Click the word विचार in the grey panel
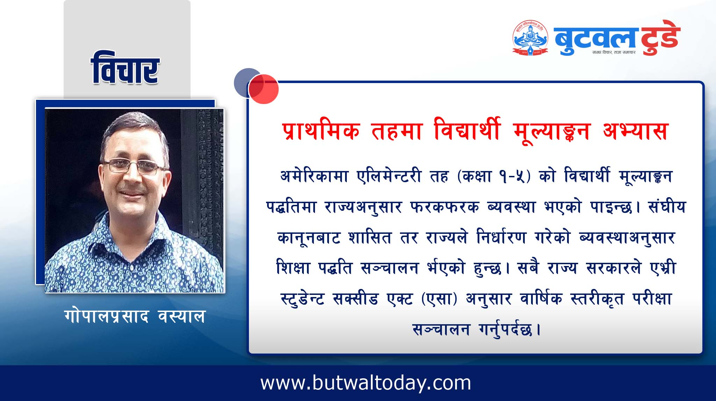pyautogui.click(x=125, y=68)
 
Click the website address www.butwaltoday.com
pyautogui.click(x=366, y=383)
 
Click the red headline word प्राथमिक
pyautogui.click(x=321, y=130)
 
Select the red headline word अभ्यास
pyautogui.click(x=635, y=130)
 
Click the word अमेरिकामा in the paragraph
pyautogui.click(x=314, y=176)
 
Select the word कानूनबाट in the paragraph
pyautogui.click(x=309, y=238)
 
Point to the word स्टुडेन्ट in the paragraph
pyautogui.click(x=302, y=299)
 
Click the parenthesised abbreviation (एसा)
pyautogui.click(x=439, y=299)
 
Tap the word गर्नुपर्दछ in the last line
pyautogui.click(x=506, y=329)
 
